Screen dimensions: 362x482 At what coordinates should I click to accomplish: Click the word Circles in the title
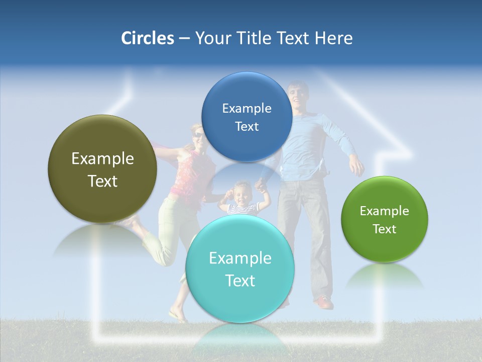pyautogui.click(x=148, y=38)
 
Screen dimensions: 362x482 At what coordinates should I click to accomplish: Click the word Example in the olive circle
pyautogui.click(x=102, y=159)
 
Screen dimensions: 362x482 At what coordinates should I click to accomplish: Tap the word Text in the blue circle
pyautogui.click(x=247, y=127)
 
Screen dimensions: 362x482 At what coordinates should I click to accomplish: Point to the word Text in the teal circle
pyautogui.click(x=240, y=281)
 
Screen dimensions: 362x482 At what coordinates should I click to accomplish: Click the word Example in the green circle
pyautogui.click(x=385, y=211)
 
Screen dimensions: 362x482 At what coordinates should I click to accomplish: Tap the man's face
pyautogui.click(x=298, y=95)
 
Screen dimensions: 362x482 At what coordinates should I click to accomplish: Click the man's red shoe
pyautogui.click(x=323, y=303)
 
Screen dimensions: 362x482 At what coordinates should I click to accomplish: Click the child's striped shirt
pyautogui.click(x=240, y=208)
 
